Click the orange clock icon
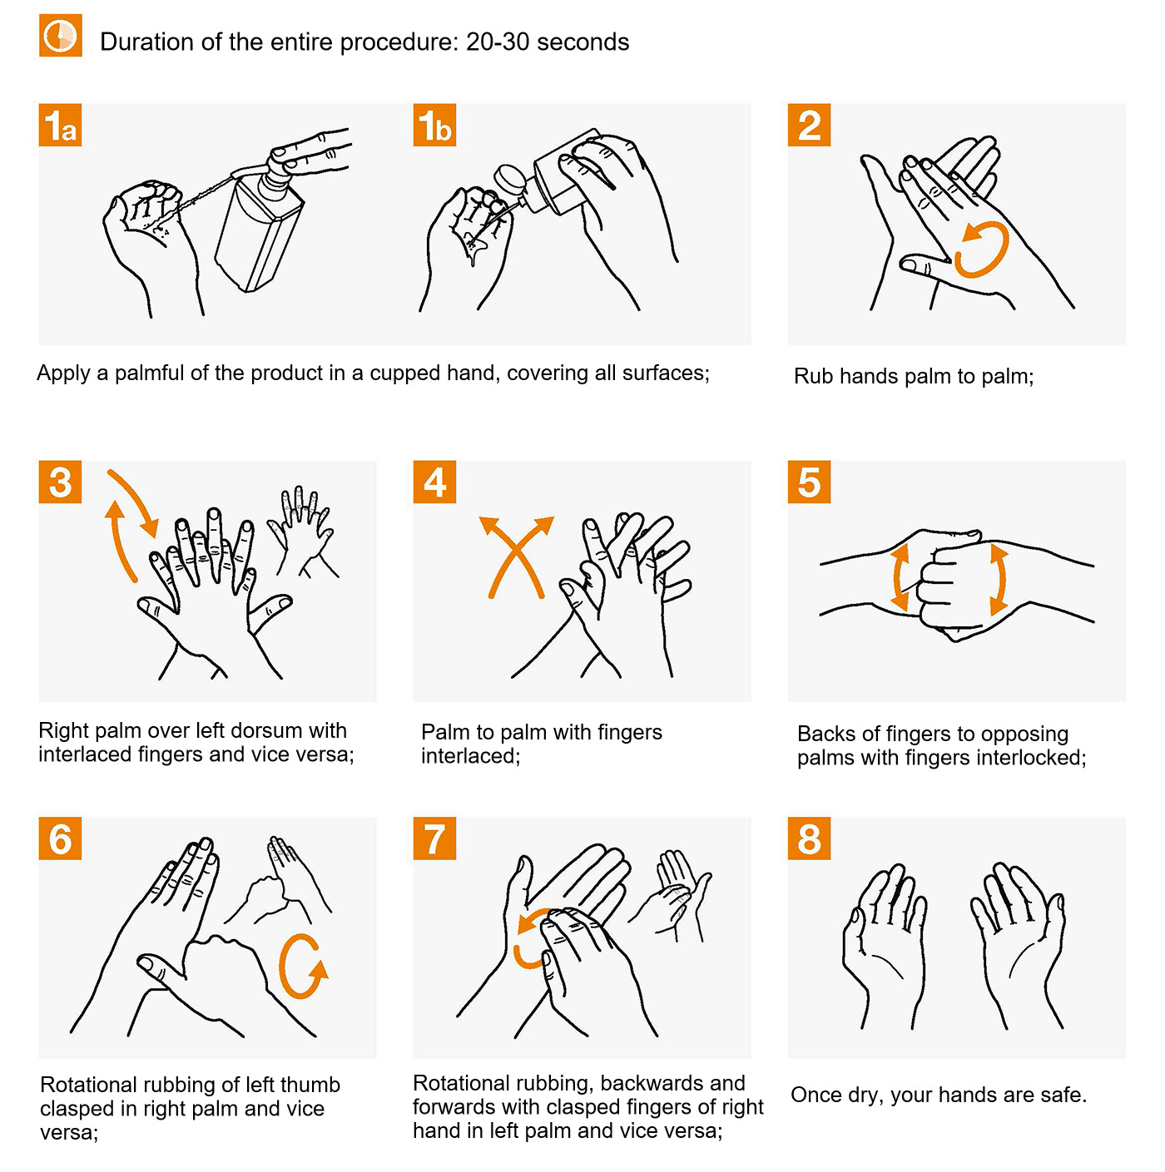(x=60, y=35)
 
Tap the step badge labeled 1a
(x=60, y=125)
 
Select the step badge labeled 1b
(x=434, y=125)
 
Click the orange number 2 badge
(x=809, y=125)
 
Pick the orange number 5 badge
(x=809, y=482)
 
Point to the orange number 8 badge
(x=809, y=838)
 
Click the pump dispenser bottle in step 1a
(x=259, y=225)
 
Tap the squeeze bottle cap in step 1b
(x=509, y=180)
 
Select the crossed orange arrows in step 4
(x=516, y=553)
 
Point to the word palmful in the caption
(x=149, y=373)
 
